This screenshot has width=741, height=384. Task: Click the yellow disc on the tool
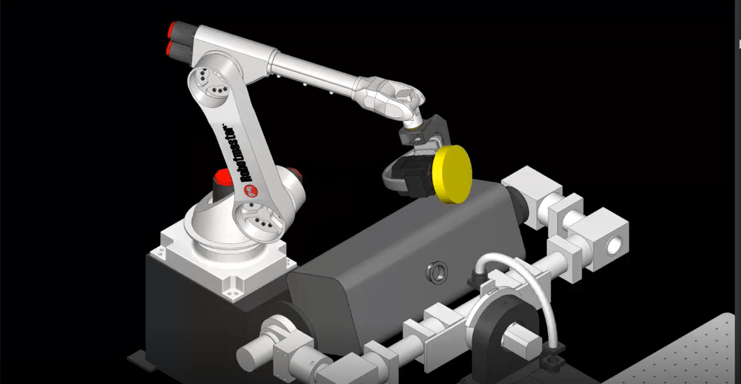[453, 174]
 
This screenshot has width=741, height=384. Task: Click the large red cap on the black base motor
[224, 178]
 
